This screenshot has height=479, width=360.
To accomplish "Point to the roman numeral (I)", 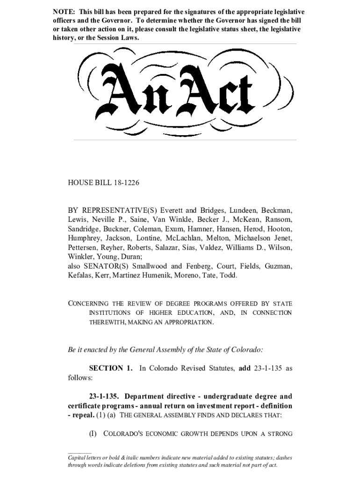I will click(x=94, y=434).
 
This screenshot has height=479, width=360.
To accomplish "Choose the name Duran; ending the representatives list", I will click(x=135, y=257).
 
